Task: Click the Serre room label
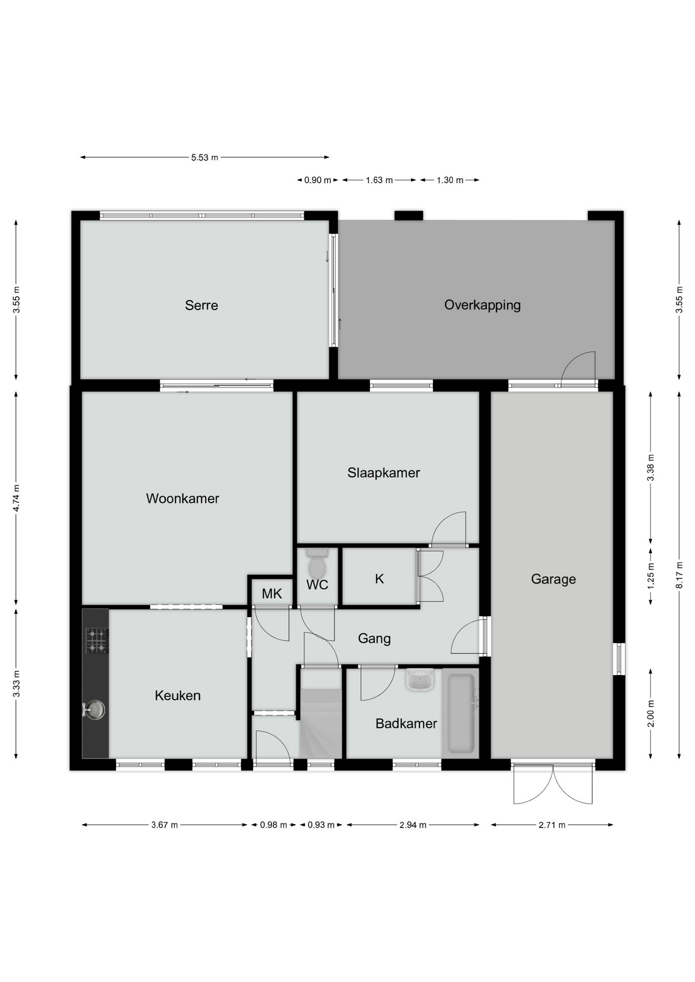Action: click(x=201, y=305)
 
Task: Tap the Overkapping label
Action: click(x=482, y=305)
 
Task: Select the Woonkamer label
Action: click(x=182, y=499)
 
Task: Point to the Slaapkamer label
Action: click(x=383, y=473)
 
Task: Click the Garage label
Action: click(x=553, y=579)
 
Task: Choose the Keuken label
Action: click(x=178, y=696)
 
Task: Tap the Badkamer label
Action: click(x=406, y=724)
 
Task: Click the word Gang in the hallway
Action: click(x=374, y=639)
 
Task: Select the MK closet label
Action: click(x=272, y=594)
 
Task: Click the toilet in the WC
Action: click(x=317, y=564)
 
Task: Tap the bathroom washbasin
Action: click(x=420, y=680)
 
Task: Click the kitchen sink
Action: click(x=95, y=709)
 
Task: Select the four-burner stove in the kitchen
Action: click(x=97, y=641)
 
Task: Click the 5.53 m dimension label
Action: click(x=205, y=158)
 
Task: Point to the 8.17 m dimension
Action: click(x=679, y=575)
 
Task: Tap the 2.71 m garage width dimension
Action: click(x=552, y=825)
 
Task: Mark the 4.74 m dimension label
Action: click(x=16, y=498)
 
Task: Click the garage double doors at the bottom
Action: click(x=553, y=784)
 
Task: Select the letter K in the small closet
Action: click(x=379, y=579)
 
